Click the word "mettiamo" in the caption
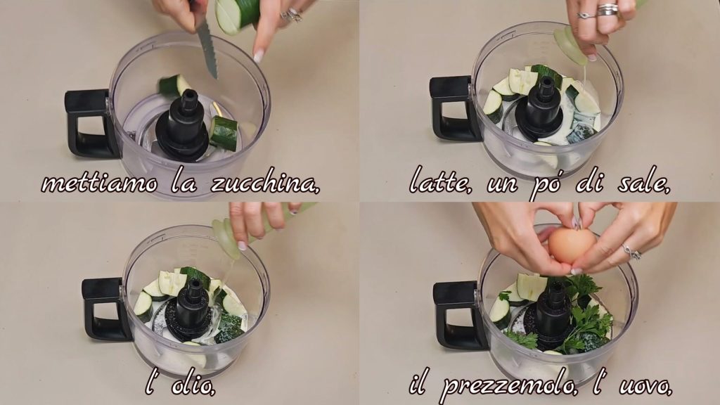[x=98, y=184]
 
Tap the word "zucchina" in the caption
[x=265, y=183]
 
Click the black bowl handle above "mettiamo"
[x=86, y=123]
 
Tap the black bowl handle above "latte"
[x=452, y=108]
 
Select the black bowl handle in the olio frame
[x=104, y=309]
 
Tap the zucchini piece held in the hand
[x=237, y=15]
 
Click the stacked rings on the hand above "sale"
[x=607, y=9]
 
